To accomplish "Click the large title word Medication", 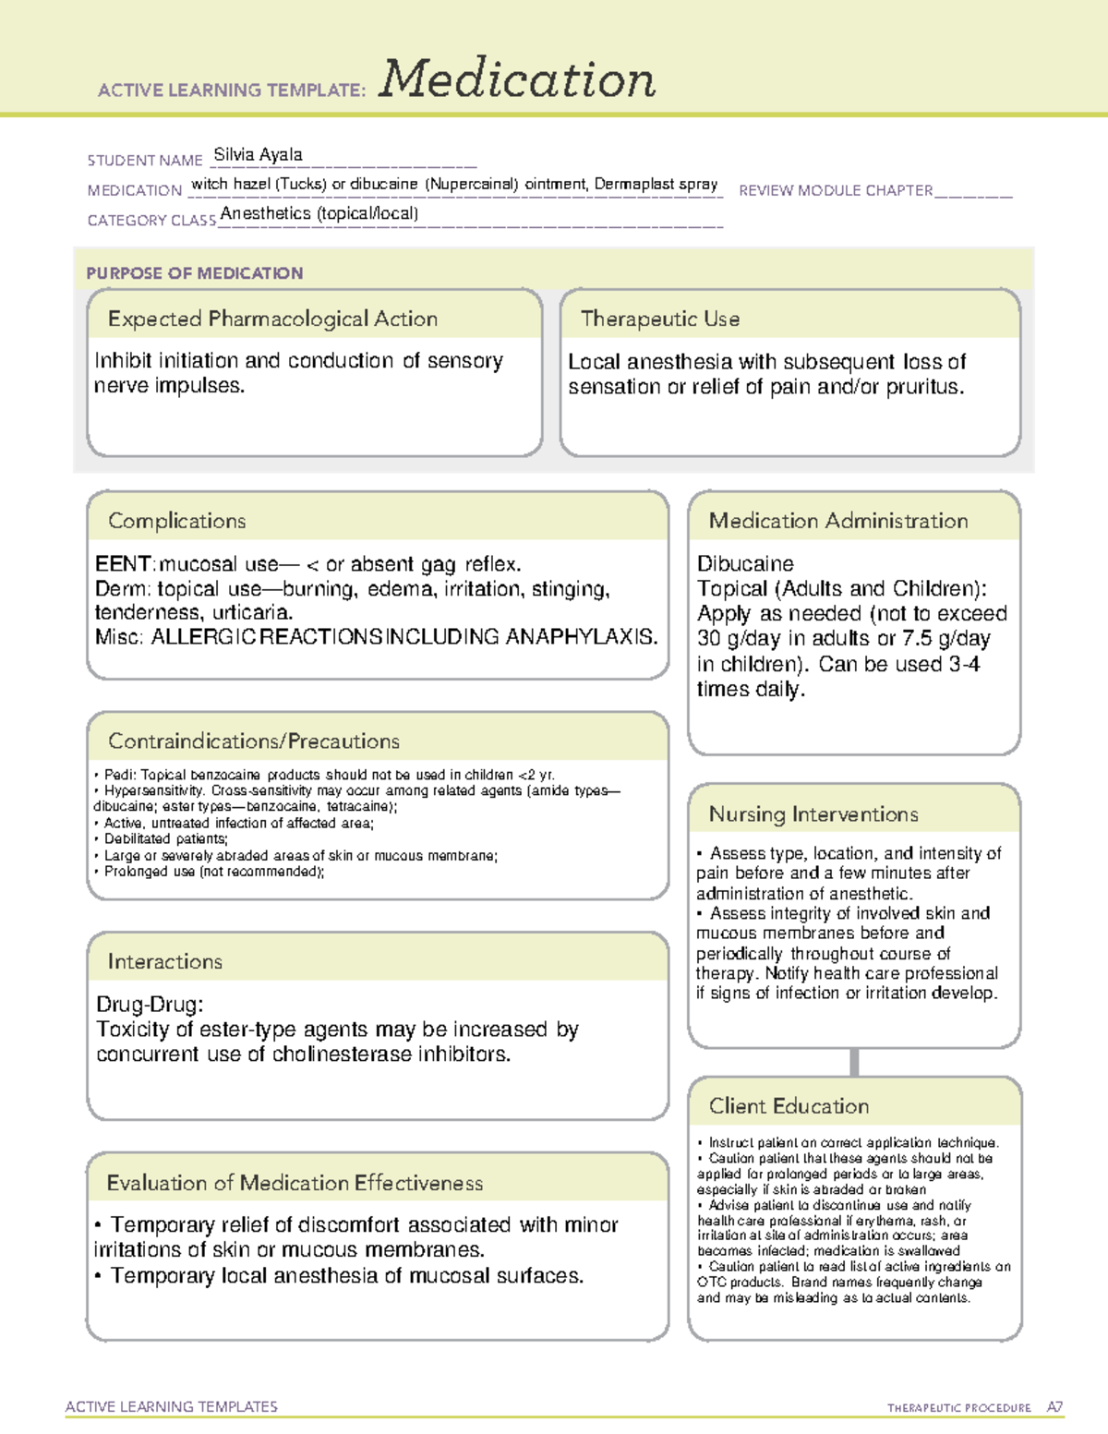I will [x=517, y=79].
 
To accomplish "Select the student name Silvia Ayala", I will [x=258, y=154].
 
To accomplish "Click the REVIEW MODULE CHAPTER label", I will [x=836, y=190].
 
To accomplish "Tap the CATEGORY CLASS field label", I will [x=151, y=221].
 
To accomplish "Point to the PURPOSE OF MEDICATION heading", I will [x=195, y=273].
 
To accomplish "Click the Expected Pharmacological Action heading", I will [x=272, y=319].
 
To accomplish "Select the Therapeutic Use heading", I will [x=659, y=319].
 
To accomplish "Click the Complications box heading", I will [x=177, y=521].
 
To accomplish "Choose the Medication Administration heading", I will [x=837, y=521].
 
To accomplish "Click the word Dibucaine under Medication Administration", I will [x=745, y=563].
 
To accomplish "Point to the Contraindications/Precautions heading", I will [x=254, y=741].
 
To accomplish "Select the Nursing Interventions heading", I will [x=813, y=813].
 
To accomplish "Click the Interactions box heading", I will [x=165, y=961].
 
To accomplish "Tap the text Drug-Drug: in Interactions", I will [x=150, y=1005].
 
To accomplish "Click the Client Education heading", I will [x=789, y=1106].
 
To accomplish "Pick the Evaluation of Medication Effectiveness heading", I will [x=295, y=1183].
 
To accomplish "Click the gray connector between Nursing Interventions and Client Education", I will [x=854, y=1062].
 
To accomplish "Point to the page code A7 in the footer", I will [x=1054, y=1407].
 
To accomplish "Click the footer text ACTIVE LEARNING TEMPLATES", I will [x=172, y=1406].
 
